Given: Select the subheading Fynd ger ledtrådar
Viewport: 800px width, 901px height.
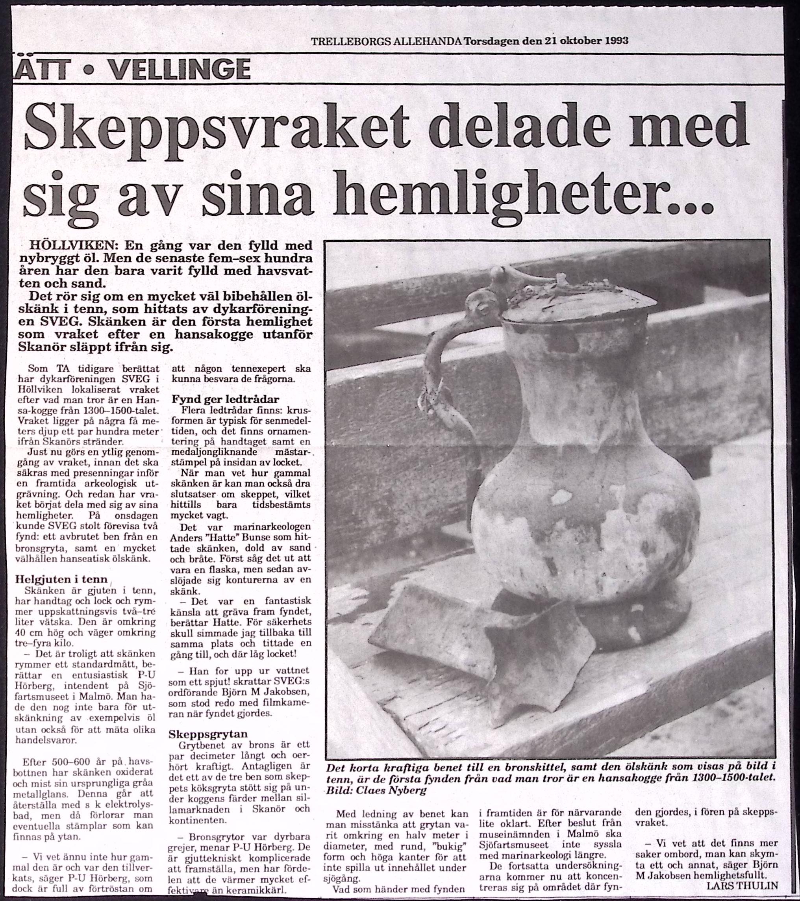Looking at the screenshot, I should click(x=225, y=400).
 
